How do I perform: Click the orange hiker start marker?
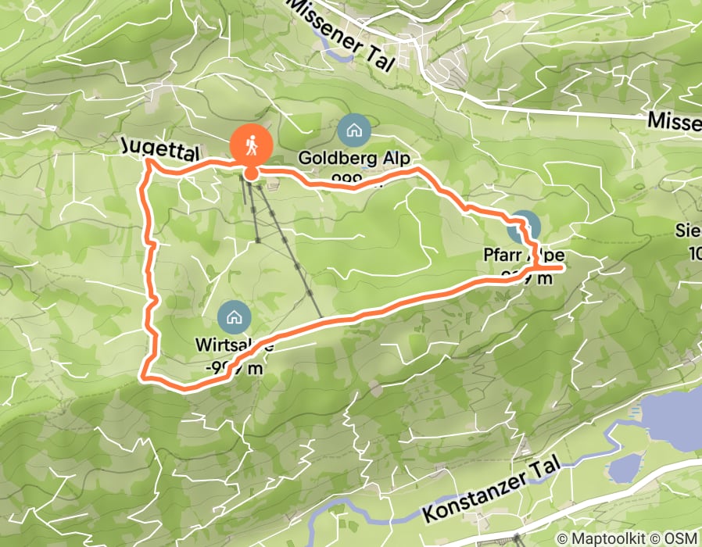click(251, 145)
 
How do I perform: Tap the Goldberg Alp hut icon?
click(355, 130)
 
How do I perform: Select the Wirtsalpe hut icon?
click(233, 316)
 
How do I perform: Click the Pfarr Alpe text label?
click(522, 256)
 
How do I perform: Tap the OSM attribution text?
click(681, 538)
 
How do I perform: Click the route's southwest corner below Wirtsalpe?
click(143, 376)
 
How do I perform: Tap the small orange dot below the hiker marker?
click(251, 173)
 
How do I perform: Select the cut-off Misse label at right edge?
click(675, 121)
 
